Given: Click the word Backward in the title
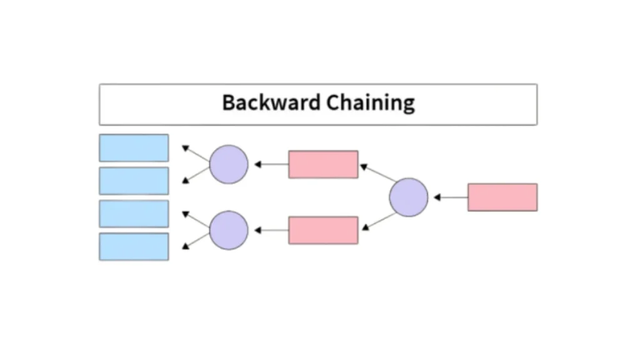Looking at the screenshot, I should click(269, 102).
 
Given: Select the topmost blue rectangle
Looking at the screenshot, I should click(134, 148).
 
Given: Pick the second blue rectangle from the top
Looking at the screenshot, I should click(134, 181).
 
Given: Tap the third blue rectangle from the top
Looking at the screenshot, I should click(134, 214).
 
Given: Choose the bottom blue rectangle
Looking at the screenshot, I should click(134, 247).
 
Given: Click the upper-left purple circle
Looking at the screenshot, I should click(229, 164).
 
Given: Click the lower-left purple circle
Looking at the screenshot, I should click(229, 230).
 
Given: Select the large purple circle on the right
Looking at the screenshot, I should click(409, 197).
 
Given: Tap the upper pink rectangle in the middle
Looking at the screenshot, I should click(323, 164).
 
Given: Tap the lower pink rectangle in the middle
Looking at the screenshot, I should click(323, 230).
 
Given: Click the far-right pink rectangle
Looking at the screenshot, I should click(502, 197).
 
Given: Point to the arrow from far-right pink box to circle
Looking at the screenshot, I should click(451, 197).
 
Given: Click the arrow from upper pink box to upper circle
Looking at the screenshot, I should click(272, 164).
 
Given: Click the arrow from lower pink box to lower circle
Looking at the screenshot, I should click(272, 230).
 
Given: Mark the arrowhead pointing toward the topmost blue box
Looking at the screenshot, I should click(185, 149).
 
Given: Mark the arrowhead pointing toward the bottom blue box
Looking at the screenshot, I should click(185, 246).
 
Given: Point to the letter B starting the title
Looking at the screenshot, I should click(228, 102).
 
